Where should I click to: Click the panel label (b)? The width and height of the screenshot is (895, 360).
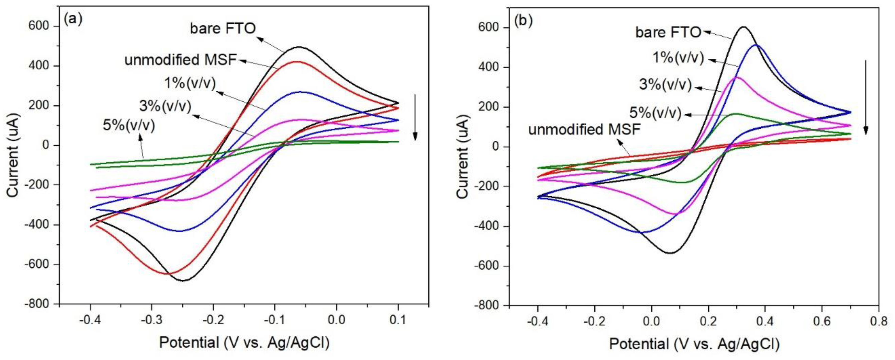[523, 21]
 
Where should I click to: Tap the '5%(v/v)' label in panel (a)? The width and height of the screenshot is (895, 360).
[129, 125]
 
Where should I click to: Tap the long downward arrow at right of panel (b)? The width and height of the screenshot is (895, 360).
[865, 97]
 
